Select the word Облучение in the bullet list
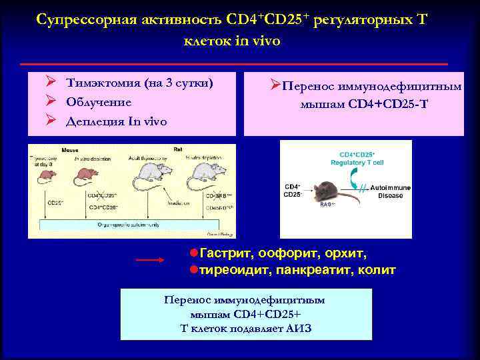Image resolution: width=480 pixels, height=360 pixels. [x=99, y=102]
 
